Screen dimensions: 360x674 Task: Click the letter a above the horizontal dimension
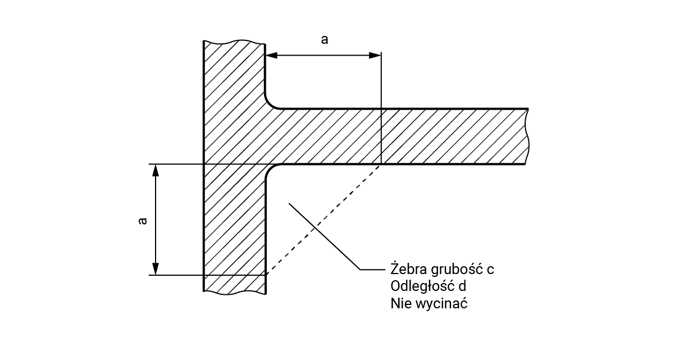coord(324,39)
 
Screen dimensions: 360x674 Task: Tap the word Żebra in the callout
coord(406,268)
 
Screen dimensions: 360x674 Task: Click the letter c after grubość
coord(490,270)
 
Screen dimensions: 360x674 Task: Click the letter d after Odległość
coord(462,286)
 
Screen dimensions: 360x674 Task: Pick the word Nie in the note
coord(399,304)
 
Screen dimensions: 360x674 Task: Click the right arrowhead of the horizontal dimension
coord(375,56)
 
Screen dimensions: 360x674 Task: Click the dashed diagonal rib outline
coord(323,220)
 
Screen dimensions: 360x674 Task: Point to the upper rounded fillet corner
coord(270,103)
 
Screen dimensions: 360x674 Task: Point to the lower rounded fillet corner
coord(270,170)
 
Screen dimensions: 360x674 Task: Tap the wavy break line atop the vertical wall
coord(234,42)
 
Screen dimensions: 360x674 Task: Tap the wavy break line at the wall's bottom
coord(234,293)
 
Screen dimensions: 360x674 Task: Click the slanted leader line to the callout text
coord(323,236)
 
